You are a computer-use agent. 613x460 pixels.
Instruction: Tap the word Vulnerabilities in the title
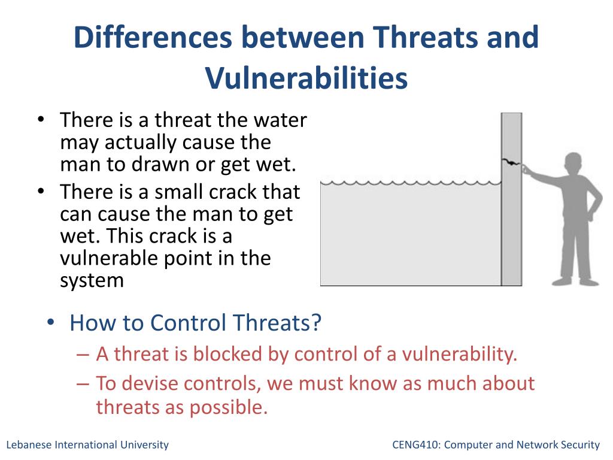[306, 77]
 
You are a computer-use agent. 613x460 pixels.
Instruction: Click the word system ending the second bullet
[92, 281]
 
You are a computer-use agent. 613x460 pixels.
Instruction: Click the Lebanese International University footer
[87, 445]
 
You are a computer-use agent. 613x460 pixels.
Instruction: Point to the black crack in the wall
[511, 162]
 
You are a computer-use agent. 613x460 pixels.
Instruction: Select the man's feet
[575, 282]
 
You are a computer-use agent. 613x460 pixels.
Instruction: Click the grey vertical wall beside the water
[512, 199]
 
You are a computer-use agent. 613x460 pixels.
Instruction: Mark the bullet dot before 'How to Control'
[50, 323]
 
